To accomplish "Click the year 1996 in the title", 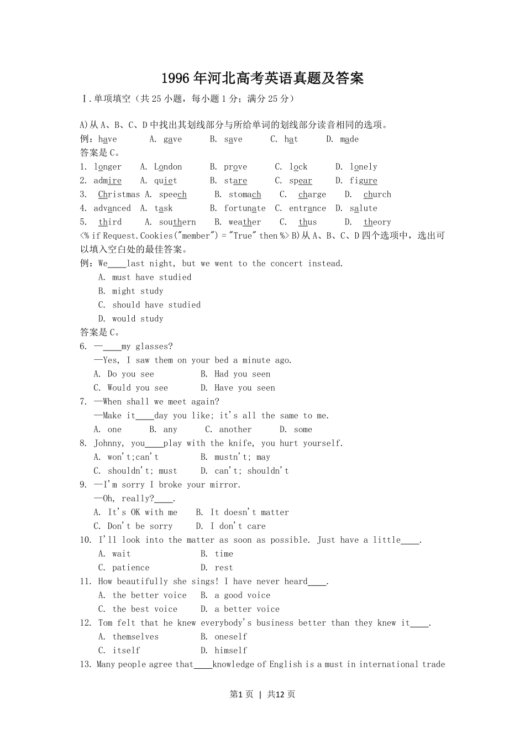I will coord(175,78).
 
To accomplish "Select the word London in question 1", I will coord(168,167).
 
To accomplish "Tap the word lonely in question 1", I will coord(364,167).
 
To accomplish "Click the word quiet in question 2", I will coord(166,181).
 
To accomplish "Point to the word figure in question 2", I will coord(364,181).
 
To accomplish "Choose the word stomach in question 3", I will coord(245,195).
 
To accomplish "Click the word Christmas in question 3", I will coord(119,195).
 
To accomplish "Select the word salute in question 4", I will coord(364,208).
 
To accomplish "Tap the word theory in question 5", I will coord(377,222).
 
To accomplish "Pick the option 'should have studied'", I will coord(156,305).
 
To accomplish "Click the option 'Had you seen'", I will coord(243,374).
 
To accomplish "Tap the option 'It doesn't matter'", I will coord(250,512).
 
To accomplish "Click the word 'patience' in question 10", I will coord(131,568).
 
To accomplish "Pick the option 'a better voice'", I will coord(247,609).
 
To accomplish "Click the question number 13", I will coord(86,664).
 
